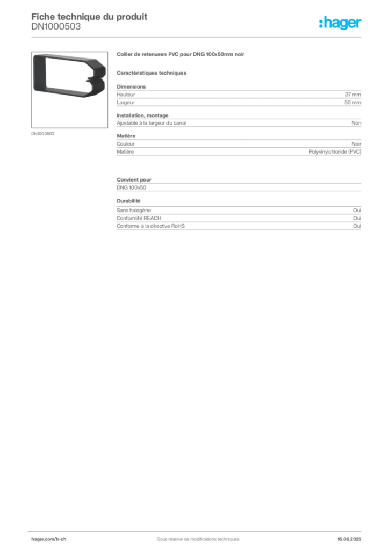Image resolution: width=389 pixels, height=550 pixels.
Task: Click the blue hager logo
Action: (x=341, y=24)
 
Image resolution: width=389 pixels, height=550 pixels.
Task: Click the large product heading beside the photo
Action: (x=183, y=54)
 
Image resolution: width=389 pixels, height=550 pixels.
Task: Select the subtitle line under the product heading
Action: (x=153, y=73)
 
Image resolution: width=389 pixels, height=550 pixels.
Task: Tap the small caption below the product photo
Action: (x=42, y=133)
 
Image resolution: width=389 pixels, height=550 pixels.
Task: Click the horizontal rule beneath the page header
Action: (x=198, y=37)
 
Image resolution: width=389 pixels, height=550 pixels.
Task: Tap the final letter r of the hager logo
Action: (x=360, y=24)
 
